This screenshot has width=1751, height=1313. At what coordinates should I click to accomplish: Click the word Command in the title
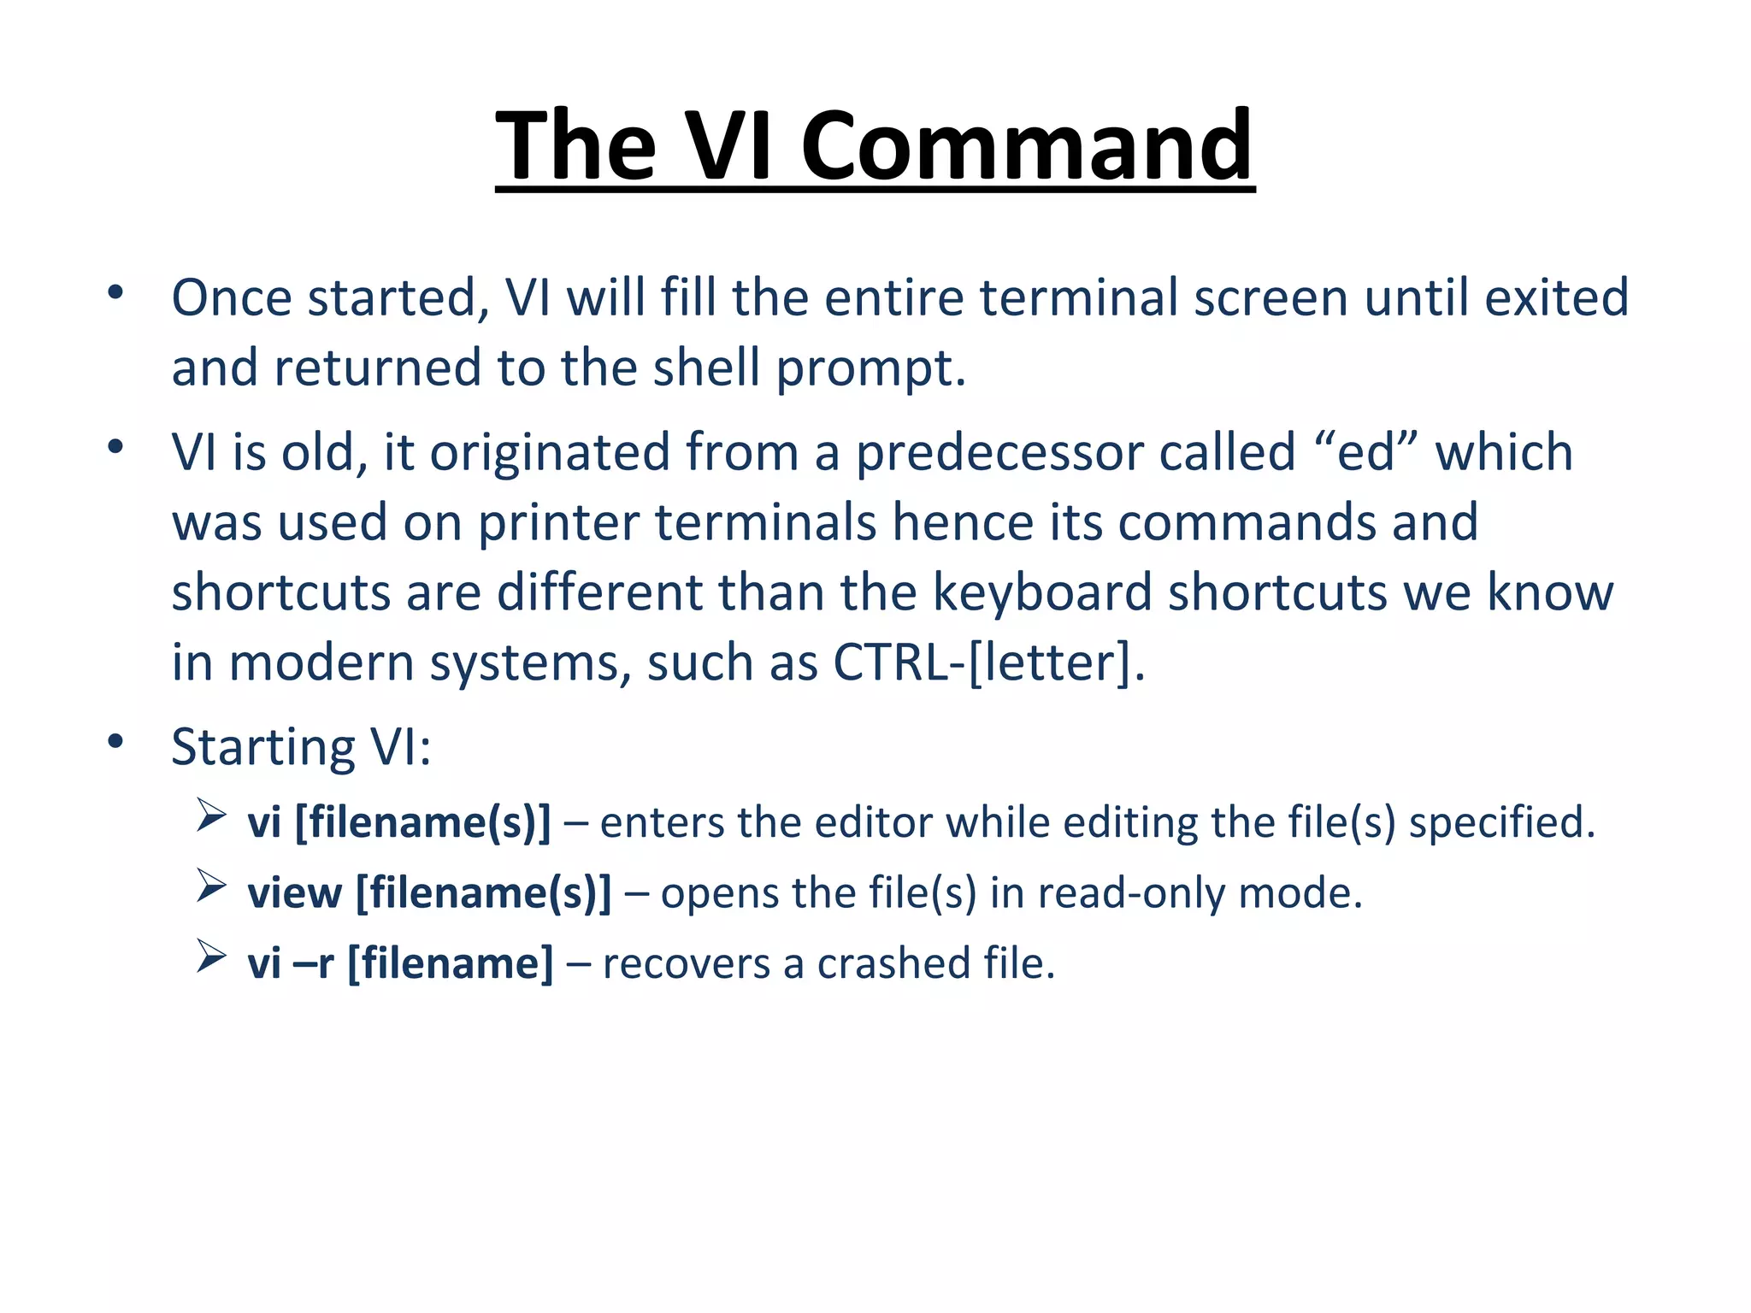click(x=1026, y=147)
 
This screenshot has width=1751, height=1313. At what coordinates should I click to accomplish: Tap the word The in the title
click(x=575, y=147)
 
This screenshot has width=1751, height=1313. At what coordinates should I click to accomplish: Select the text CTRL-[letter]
click(x=988, y=662)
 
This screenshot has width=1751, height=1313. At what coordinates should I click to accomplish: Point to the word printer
click(x=557, y=522)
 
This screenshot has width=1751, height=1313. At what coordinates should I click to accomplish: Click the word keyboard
click(x=1041, y=592)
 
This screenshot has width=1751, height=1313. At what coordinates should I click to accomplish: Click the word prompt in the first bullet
click(x=870, y=369)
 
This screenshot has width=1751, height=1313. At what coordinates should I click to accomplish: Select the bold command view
click(x=294, y=893)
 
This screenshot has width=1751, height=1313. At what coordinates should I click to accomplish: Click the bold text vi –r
click(x=290, y=963)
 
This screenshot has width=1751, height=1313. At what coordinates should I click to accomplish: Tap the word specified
click(x=1501, y=823)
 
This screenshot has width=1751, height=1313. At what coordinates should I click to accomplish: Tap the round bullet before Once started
click(x=116, y=293)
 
